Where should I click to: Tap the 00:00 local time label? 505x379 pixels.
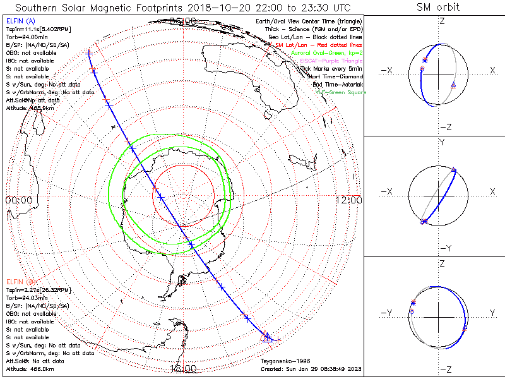19,200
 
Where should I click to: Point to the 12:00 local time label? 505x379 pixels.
349,200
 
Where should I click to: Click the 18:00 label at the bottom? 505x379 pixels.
184,368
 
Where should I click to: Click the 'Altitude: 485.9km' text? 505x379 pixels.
30,108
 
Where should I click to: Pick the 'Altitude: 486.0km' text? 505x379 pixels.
30,368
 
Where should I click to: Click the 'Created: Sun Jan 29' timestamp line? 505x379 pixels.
311,368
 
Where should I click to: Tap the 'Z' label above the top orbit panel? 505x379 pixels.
442,21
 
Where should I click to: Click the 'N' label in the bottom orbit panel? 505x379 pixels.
492,313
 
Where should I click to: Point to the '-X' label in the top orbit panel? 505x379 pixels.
388,70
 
